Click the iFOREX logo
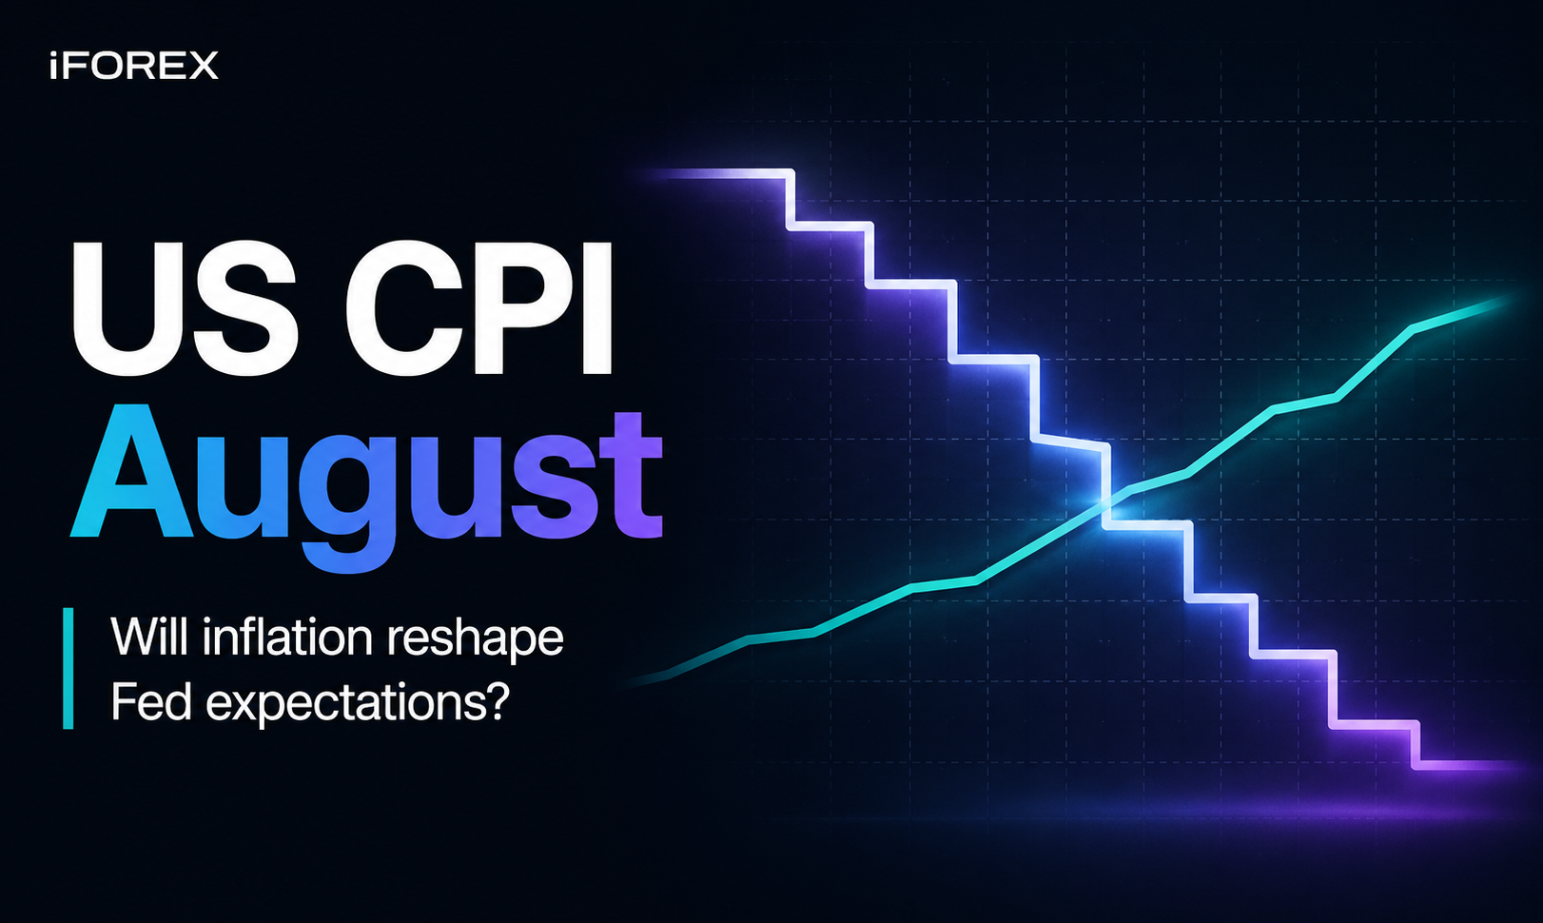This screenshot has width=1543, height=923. tap(133, 66)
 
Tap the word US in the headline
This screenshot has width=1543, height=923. tap(186, 308)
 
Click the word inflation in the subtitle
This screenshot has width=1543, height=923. tap(288, 638)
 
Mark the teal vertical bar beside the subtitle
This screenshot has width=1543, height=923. tap(68, 668)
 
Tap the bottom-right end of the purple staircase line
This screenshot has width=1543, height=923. tap(1515, 765)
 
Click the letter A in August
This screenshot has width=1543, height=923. tap(131, 471)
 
